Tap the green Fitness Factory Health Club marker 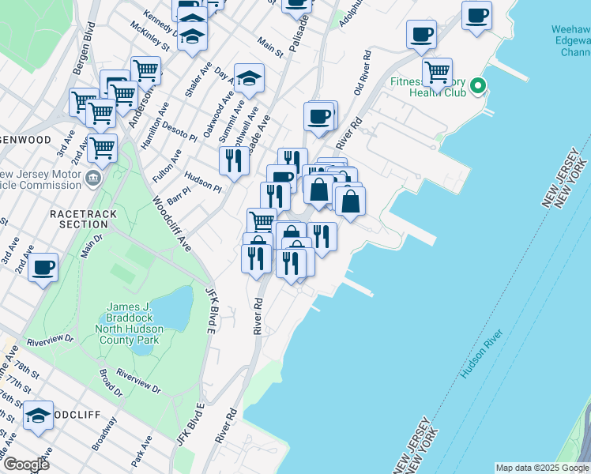478,87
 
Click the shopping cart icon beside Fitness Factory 437,71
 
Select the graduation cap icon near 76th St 37,415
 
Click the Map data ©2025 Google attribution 542,468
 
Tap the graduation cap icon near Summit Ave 249,77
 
